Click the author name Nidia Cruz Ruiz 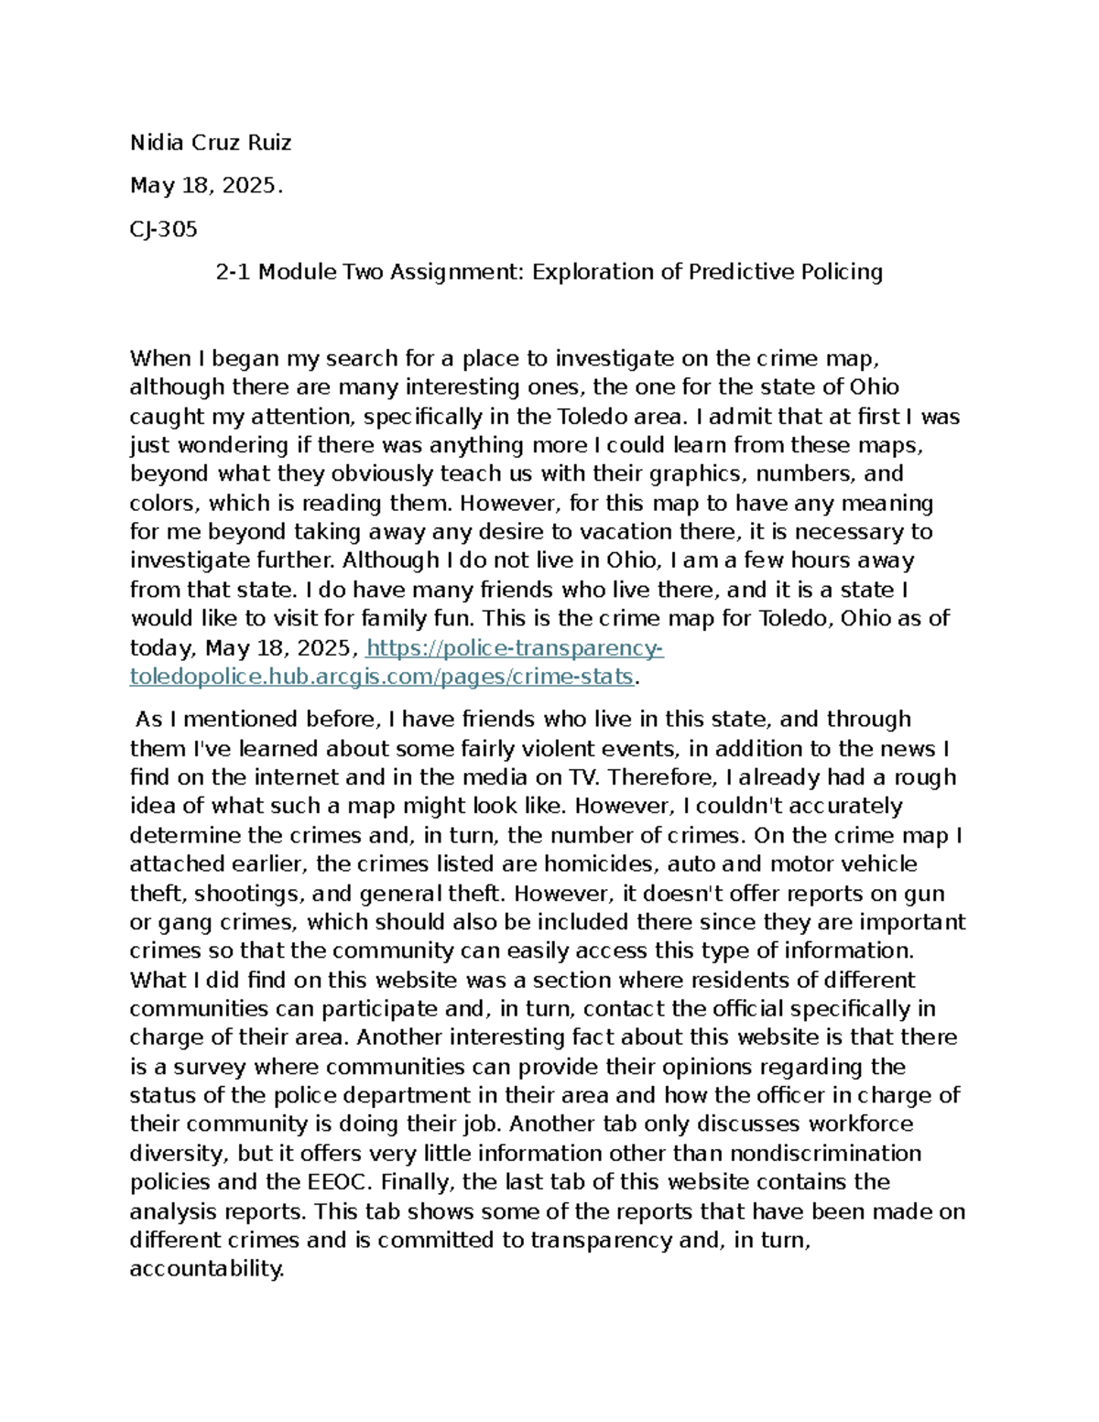pyautogui.click(x=211, y=143)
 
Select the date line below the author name pyautogui.click(x=206, y=186)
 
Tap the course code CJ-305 pyautogui.click(x=164, y=229)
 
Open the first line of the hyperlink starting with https pyautogui.click(x=514, y=648)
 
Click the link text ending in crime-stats pyautogui.click(x=382, y=677)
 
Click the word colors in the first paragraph pyautogui.click(x=163, y=503)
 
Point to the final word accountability pyautogui.click(x=207, y=1269)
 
